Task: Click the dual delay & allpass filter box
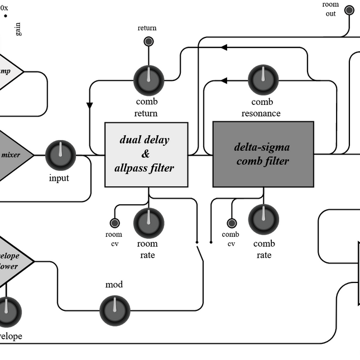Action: [146, 154]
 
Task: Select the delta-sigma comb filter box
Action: [263, 154]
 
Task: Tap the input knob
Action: [60, 155]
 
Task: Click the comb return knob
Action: [148, 80]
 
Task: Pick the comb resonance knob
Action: [263, 80]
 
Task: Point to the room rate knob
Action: [148, 223]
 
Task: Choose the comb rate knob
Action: [263, 220]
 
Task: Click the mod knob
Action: [114, 309]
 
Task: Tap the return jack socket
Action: [148, 41]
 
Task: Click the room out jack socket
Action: [349, 10]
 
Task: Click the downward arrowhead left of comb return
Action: [89, 105]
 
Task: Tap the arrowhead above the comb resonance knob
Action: [224, 81]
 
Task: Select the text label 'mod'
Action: [114, 285]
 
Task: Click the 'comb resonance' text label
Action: [262, 108]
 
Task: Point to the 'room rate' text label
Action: [147, 249]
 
